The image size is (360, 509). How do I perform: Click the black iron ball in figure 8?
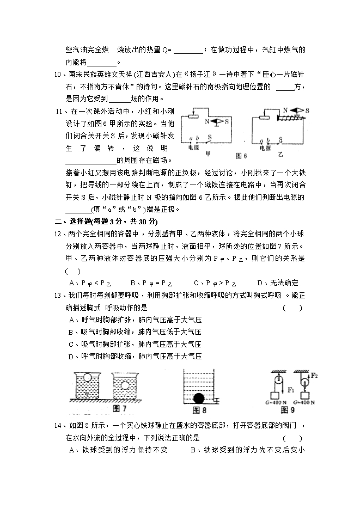pos(199,398)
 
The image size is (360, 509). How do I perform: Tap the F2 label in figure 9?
pos(315,376)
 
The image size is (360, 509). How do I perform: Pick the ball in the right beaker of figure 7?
pos(126,387)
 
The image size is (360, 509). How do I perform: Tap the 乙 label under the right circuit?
pos(280,154)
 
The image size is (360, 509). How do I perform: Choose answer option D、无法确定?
pos(278,283)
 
